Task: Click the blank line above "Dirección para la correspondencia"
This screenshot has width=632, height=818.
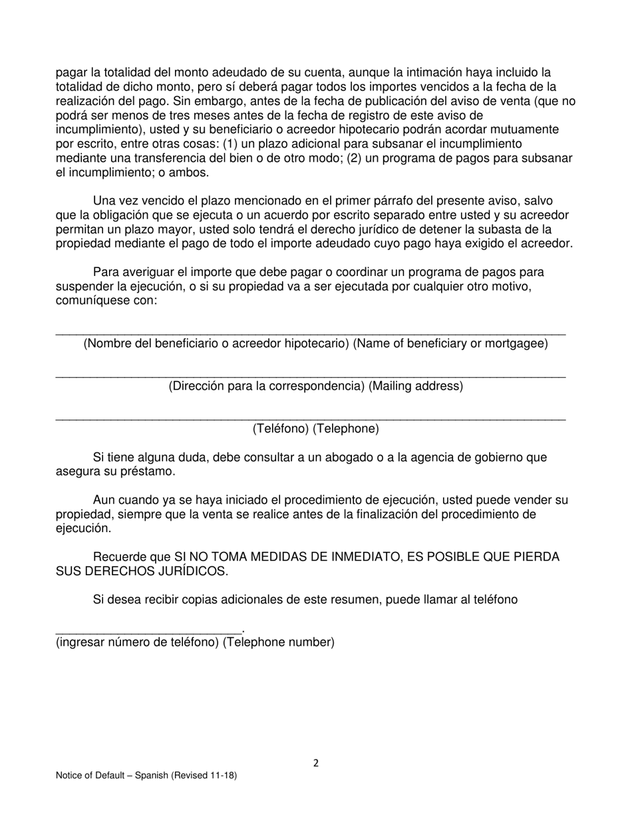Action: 310,376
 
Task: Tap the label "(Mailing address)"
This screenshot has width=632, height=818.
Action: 416,386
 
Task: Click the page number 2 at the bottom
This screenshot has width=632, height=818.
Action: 316,763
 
